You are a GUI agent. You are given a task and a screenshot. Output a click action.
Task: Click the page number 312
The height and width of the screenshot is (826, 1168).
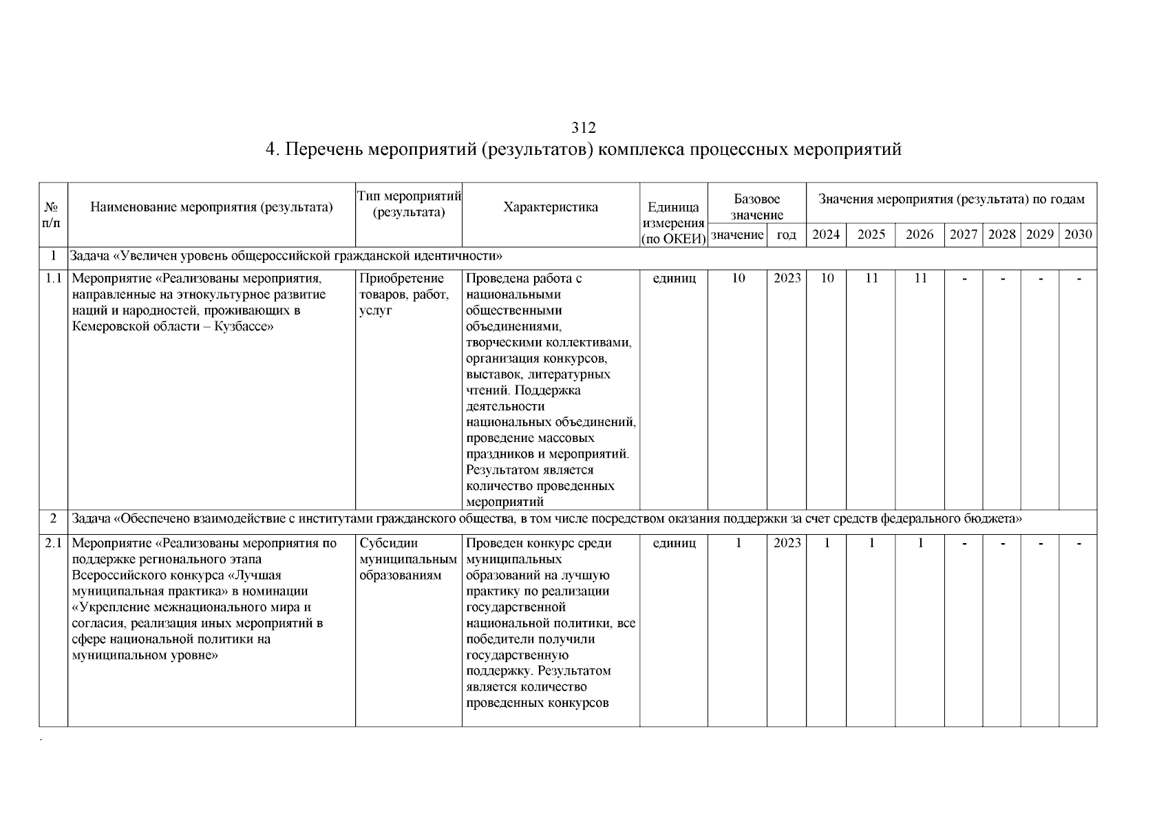(583, 128)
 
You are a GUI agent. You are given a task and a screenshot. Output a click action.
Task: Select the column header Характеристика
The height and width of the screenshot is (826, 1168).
(551, 207)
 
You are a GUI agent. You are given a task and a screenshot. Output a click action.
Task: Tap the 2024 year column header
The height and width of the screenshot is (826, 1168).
(826, 235)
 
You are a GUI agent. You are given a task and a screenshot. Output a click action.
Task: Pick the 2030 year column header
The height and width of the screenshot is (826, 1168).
(1078, 235)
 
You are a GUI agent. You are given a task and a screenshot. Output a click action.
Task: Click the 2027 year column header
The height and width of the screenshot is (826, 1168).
(964, 235)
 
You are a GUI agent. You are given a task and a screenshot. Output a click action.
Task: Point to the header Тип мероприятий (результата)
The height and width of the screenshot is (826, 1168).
(409, 204)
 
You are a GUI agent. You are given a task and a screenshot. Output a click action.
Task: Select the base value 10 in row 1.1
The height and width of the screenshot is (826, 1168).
(738, 278)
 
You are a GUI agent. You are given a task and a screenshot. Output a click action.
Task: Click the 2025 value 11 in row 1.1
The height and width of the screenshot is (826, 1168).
(871, 278)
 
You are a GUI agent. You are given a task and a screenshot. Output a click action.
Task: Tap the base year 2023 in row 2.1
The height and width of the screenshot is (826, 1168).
(787, 543)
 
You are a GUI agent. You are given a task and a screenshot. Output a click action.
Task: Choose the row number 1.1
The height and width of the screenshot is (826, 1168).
(53, 278)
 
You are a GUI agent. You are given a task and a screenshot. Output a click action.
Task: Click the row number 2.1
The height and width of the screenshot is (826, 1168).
(53, 543)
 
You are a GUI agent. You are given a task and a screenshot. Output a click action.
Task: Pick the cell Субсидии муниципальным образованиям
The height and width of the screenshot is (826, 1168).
(407, 559)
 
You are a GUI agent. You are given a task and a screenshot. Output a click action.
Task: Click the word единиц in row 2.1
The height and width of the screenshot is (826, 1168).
(674, 543)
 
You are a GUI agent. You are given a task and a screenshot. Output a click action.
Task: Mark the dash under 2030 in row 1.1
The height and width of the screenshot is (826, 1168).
(1078, 279)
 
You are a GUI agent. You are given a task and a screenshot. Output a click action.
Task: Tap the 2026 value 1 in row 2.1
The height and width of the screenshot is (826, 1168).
(920, 543)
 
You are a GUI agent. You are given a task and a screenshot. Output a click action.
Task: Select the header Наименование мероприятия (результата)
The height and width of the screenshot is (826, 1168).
(211, 207)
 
